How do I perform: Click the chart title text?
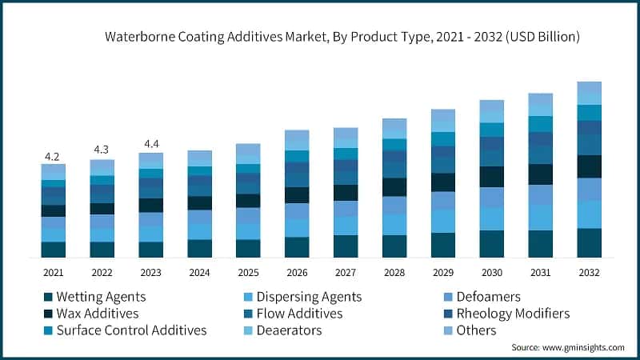pos(342,37)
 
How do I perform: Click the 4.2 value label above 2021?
pos(53,156)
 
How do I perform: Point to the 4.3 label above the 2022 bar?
pos(102,150)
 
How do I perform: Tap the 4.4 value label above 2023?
pos(150,144)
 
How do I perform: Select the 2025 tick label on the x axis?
pos(248,272)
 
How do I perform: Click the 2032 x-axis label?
pos(589,272)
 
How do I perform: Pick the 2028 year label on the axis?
pos(394,272)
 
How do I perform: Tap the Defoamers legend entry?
pos(487,297)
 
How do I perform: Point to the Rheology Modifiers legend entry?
pos(513,314)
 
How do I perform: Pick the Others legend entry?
pos(476,330)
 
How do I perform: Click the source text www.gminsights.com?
pos(569,349)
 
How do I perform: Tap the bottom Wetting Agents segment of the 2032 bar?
pos(589,242)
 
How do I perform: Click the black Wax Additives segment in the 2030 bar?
pos(491,176)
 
